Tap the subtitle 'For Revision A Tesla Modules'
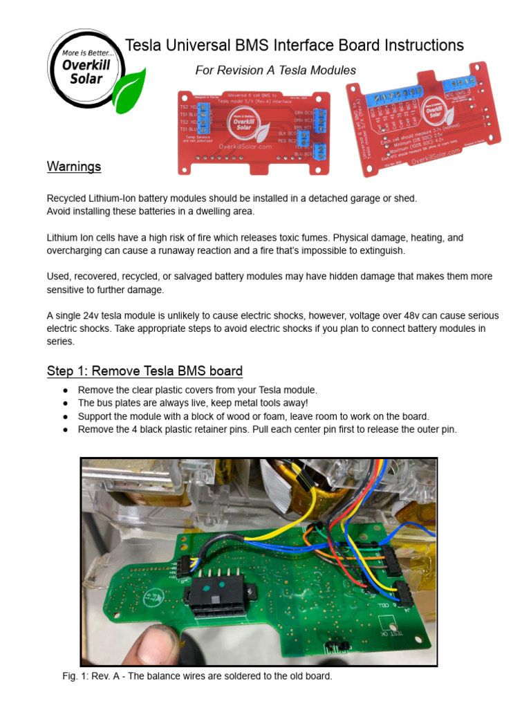275,71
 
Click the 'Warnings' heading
74,167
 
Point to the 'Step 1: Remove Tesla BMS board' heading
145,371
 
